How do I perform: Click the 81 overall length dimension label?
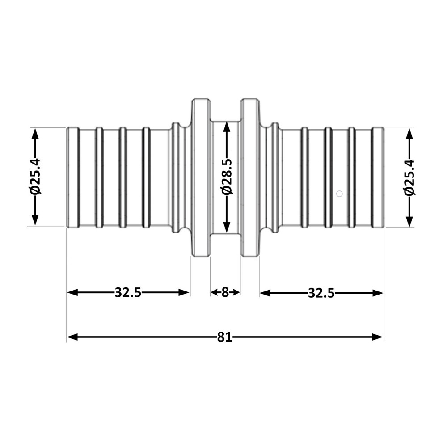pos(225,337)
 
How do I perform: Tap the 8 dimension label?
pos(225,292)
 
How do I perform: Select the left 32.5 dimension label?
pos(128,292)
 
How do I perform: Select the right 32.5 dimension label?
pos(321,293)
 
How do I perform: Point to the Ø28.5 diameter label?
pos(227,177)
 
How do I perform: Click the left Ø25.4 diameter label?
pos(35,177)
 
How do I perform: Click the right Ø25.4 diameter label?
pos(409,177)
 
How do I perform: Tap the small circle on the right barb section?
pos(339,194)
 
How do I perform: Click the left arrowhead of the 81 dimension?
pos(72,337)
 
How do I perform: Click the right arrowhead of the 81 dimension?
pos(378,337)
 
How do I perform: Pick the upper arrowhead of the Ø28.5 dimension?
pos(227,127)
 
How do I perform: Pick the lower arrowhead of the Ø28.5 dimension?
pos(227,227)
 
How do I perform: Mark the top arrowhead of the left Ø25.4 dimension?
pos(35,134)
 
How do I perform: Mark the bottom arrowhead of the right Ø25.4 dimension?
pos(409,222)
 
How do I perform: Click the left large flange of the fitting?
pos(201,177)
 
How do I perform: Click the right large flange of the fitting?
pos(250,177)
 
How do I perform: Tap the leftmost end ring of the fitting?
pos(73,177)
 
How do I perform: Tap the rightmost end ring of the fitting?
pos(378,177)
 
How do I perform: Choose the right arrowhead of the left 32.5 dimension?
pos(184,292)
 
